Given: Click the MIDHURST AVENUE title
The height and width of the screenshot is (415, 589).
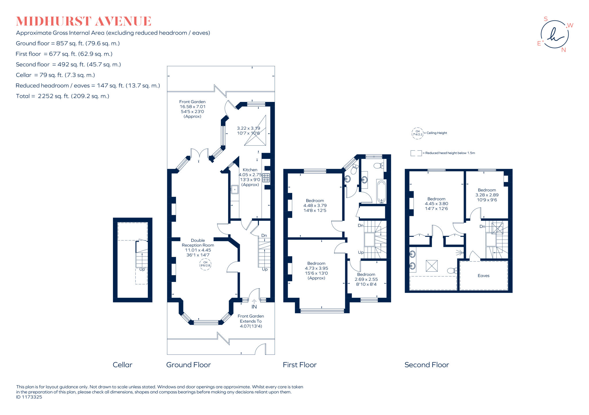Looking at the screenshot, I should click(83, 21).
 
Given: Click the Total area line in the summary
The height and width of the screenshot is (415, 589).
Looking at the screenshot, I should click(62, 96).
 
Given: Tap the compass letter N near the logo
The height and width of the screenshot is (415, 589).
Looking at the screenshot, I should click(563, 50).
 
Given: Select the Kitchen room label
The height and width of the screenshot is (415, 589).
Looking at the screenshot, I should click(250, 170).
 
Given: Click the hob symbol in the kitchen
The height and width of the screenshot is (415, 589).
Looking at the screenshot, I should click(266, 178).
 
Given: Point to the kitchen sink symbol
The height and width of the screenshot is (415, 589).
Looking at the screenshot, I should click(235, 190).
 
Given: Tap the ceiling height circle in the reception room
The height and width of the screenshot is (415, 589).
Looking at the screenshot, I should click(205, 264).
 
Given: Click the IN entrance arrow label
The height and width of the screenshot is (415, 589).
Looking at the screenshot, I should click(254, 306).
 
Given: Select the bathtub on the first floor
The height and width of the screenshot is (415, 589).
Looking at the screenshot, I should click(381, 191).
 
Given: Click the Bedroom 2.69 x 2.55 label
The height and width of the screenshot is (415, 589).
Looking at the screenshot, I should click(366, 279).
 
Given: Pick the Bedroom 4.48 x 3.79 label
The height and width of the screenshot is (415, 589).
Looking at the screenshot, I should click(315, 205).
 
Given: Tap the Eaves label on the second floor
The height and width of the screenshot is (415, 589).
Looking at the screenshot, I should click(483, 276).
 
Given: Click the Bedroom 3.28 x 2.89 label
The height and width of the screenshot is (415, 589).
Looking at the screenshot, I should click(487, 195).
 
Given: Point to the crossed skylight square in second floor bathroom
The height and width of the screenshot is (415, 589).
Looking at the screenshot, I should click(432, 266).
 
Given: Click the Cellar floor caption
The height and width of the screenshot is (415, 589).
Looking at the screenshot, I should click(123, 365).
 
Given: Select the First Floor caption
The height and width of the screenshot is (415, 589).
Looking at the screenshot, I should click(300, 365).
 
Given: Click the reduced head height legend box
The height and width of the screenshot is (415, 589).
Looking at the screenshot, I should click(416, 153).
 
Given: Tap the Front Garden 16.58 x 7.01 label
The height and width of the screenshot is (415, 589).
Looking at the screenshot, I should click(192, 109).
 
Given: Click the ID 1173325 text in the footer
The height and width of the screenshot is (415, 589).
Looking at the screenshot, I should click(29, 397).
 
